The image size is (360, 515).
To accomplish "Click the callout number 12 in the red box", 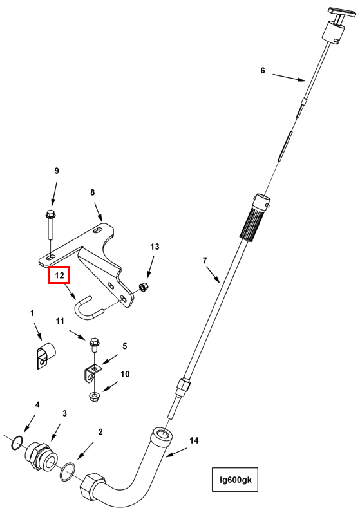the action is pyautogui.click(x=59, y=275).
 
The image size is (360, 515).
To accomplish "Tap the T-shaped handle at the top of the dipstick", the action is pyautogui.click(x=342, y=12).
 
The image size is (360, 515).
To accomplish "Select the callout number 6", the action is pyautogui.click(x=263, y=70).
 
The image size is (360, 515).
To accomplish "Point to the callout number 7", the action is pyautogui.click(x=205, y=261).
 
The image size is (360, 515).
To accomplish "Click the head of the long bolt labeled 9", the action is pyautogui.click(x=50, y=214).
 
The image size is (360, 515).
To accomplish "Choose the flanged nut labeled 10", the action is pyautogui.click(x=95, y=397).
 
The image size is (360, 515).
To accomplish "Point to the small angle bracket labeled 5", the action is pyautogui.click(x=91, y=373).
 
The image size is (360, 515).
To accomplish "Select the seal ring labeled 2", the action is pyautogui.click(x=68, y=472).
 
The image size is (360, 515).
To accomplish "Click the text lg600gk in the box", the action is pyautogui.click(x=235, y=480).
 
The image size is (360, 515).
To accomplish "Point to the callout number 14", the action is pyautogui.click(x=194, y=440).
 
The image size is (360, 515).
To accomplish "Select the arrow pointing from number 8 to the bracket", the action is pyautogui.click(x=98, y=212).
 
